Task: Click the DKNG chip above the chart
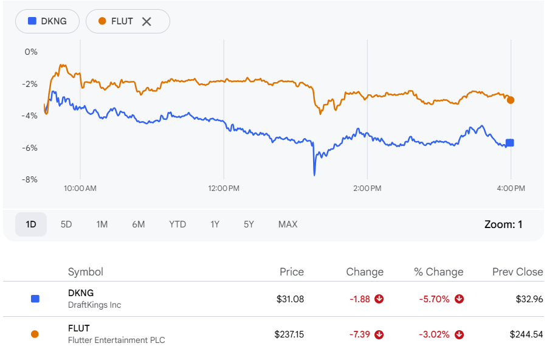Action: pyautogui.click(x=48, y=21)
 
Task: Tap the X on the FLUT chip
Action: pyautogui.click(x=147, y=21)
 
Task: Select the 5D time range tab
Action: pyautogui.click(x=66, y=224)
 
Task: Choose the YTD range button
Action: pyautogui.click(x=178, y=224)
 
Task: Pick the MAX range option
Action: pyautogui.click(x=288, y=224)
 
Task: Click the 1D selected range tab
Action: pyautogui.click(x=31, y=224)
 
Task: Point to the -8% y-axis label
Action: pyautogui.click(x=30, y=179)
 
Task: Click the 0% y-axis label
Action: pyautogui.click(x=31, y=52)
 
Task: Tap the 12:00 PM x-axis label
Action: pyautogui.click(x=224, y=189)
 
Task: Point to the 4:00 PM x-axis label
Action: pyautogui.click(x=511, y=189)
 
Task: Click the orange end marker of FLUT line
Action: pyautogui.click(x=511, y=100)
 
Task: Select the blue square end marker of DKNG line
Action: pyautogui.click(x=510, y=143)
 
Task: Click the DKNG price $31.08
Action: pyautogui.click(x=289, y=299)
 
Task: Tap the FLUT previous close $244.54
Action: pyautogui.click(x=526, y=334)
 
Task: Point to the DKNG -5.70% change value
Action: pyautogui.click(x=434, y=299)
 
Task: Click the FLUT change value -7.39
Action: pyautogui.click(x=359, y=334)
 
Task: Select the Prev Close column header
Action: pyautogui.click(x=517, y=272)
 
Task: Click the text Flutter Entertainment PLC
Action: pyautogui.click(x=116, y=340)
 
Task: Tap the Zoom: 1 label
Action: pyautogui.click(x=503, y=224)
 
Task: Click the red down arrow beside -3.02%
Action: pyautogui.click(x=460, y=334)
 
